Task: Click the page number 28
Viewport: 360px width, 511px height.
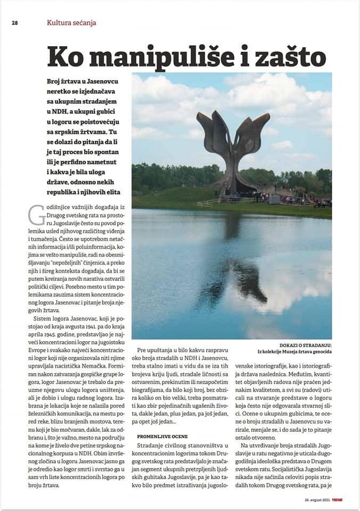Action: tap(15, 23)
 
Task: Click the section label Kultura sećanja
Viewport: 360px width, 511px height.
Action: tap(71, 23)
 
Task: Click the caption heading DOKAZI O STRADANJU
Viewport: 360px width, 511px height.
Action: tap(306, 345)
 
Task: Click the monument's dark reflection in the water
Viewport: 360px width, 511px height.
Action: tap(234, 277)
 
